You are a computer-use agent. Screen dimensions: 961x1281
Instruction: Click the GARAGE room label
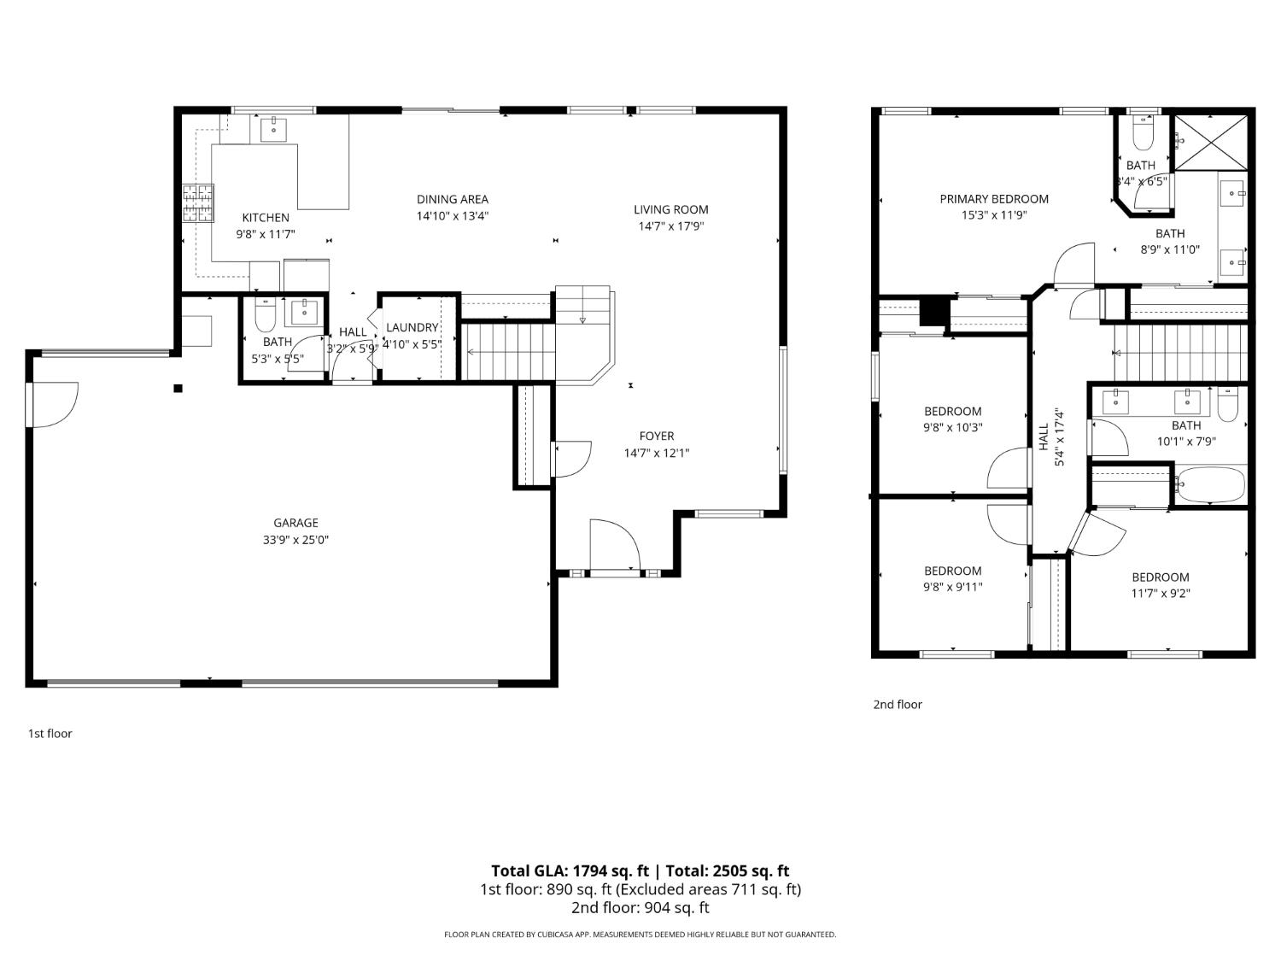[x=295, y=523]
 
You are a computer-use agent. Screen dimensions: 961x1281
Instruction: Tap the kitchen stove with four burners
[x=197, y=203]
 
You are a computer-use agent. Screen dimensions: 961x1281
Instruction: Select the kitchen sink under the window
[x=273, y=130]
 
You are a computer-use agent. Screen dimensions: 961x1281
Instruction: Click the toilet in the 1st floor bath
[x=265, y=316]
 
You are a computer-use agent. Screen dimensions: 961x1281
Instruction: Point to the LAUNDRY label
[x=412, y=327]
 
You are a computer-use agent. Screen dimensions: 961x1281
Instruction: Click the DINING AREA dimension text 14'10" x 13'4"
[x=452, y=216]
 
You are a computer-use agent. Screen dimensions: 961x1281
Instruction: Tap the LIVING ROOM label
[x=670, y=209]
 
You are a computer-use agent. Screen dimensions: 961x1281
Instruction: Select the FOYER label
[x=656, y=436]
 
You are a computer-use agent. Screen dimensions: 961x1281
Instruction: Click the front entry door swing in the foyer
[x=614, y=544]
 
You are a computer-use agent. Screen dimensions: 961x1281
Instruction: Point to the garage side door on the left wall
[x=53, y=404]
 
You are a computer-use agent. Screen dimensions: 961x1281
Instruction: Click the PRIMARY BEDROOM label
[x=993, y=199]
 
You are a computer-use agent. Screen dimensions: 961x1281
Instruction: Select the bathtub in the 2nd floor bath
[x=1209, y=485]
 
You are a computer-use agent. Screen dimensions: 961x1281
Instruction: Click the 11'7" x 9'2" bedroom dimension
[x=1161, y=593]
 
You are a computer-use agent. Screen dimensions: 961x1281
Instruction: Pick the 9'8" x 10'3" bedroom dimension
[x=952, y=427]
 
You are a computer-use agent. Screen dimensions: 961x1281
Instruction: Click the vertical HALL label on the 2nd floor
[x=1043, y=437]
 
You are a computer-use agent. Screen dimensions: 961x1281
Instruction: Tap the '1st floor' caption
[x=50, y=733]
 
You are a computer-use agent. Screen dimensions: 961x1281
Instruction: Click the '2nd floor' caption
[x=897, y=705]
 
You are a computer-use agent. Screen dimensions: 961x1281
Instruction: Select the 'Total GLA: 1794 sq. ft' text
[x=569, y=871]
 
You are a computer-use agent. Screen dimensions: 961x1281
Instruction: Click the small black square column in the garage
[x=178, y=389]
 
